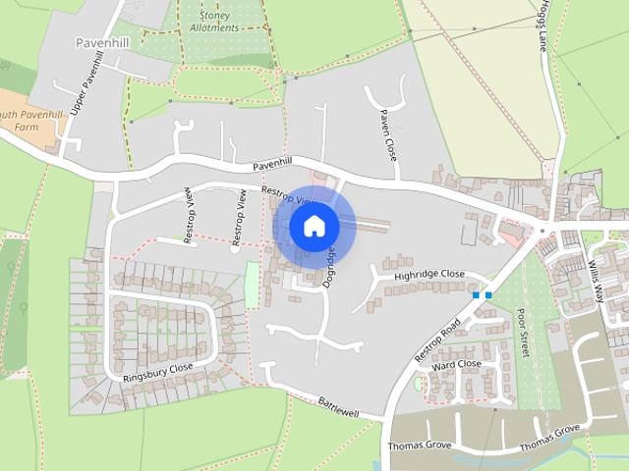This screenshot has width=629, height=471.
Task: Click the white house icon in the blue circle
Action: [314, 226]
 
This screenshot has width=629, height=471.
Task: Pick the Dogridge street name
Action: [330, 266]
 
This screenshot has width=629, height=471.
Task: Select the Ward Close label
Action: [456, 364]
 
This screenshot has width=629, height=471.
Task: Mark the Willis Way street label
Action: [593, 262]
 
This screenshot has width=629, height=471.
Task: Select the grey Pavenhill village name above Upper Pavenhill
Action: [103, 43]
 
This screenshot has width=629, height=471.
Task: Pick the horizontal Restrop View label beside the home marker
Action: [285, 194]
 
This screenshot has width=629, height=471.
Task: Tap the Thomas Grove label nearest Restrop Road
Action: [419, 445]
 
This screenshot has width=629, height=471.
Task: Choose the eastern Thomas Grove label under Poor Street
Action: [550, 439]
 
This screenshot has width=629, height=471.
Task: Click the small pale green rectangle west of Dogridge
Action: [252, 285]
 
